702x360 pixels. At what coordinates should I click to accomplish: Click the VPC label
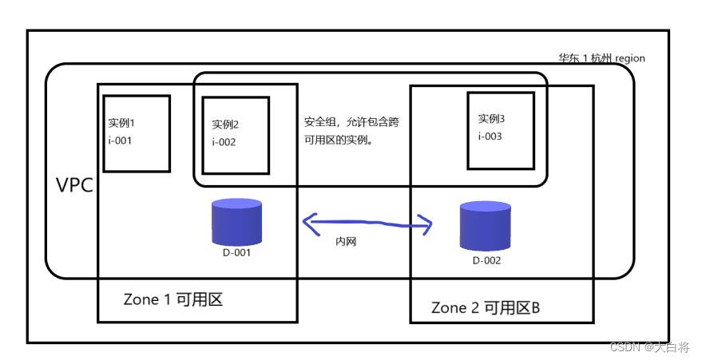click(74, 186)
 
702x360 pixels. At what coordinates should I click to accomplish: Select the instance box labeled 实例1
click(137, 133)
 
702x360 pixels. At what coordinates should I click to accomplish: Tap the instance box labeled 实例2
click(236, 134)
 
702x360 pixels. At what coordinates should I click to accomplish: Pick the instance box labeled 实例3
click(500, 129)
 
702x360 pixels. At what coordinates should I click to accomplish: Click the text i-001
click(120, 140)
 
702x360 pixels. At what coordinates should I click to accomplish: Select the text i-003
click(490, 136)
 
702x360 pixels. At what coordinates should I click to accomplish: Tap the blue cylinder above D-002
click(486, 226)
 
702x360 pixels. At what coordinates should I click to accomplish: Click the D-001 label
click(236, 253)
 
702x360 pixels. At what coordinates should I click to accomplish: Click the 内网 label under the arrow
click(345, 241)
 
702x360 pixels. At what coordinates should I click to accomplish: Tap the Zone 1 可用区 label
click(172, 299)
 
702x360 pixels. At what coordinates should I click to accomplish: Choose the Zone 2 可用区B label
click(486, 307)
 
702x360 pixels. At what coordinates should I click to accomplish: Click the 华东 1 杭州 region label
click(601, 58)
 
